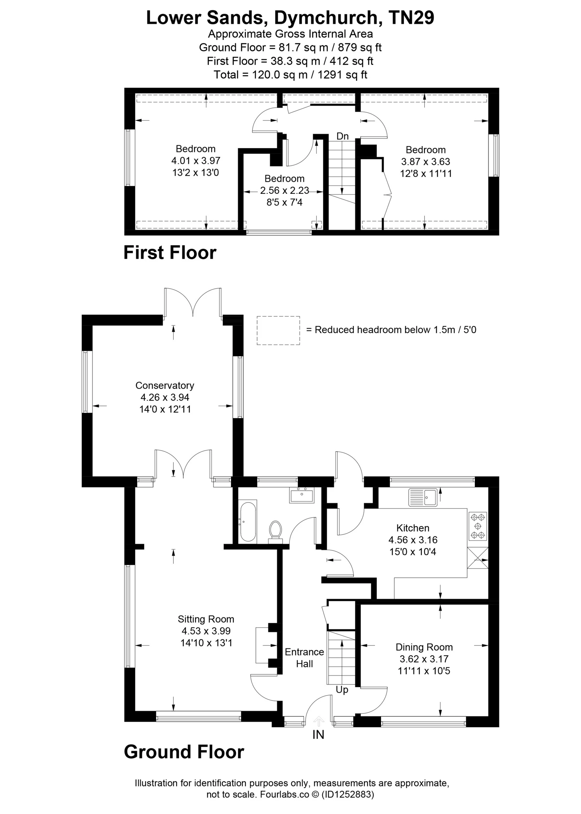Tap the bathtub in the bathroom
pos(248,522)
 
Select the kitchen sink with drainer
pos(423,497)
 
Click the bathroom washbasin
pos(302,495)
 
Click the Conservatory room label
pos(165,386)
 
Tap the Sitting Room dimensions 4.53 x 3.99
pos(206,631)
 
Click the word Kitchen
pos(413,528)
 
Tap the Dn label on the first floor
pos(342,136)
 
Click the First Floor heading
pos(170,253)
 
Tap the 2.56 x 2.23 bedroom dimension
pos(284,190)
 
